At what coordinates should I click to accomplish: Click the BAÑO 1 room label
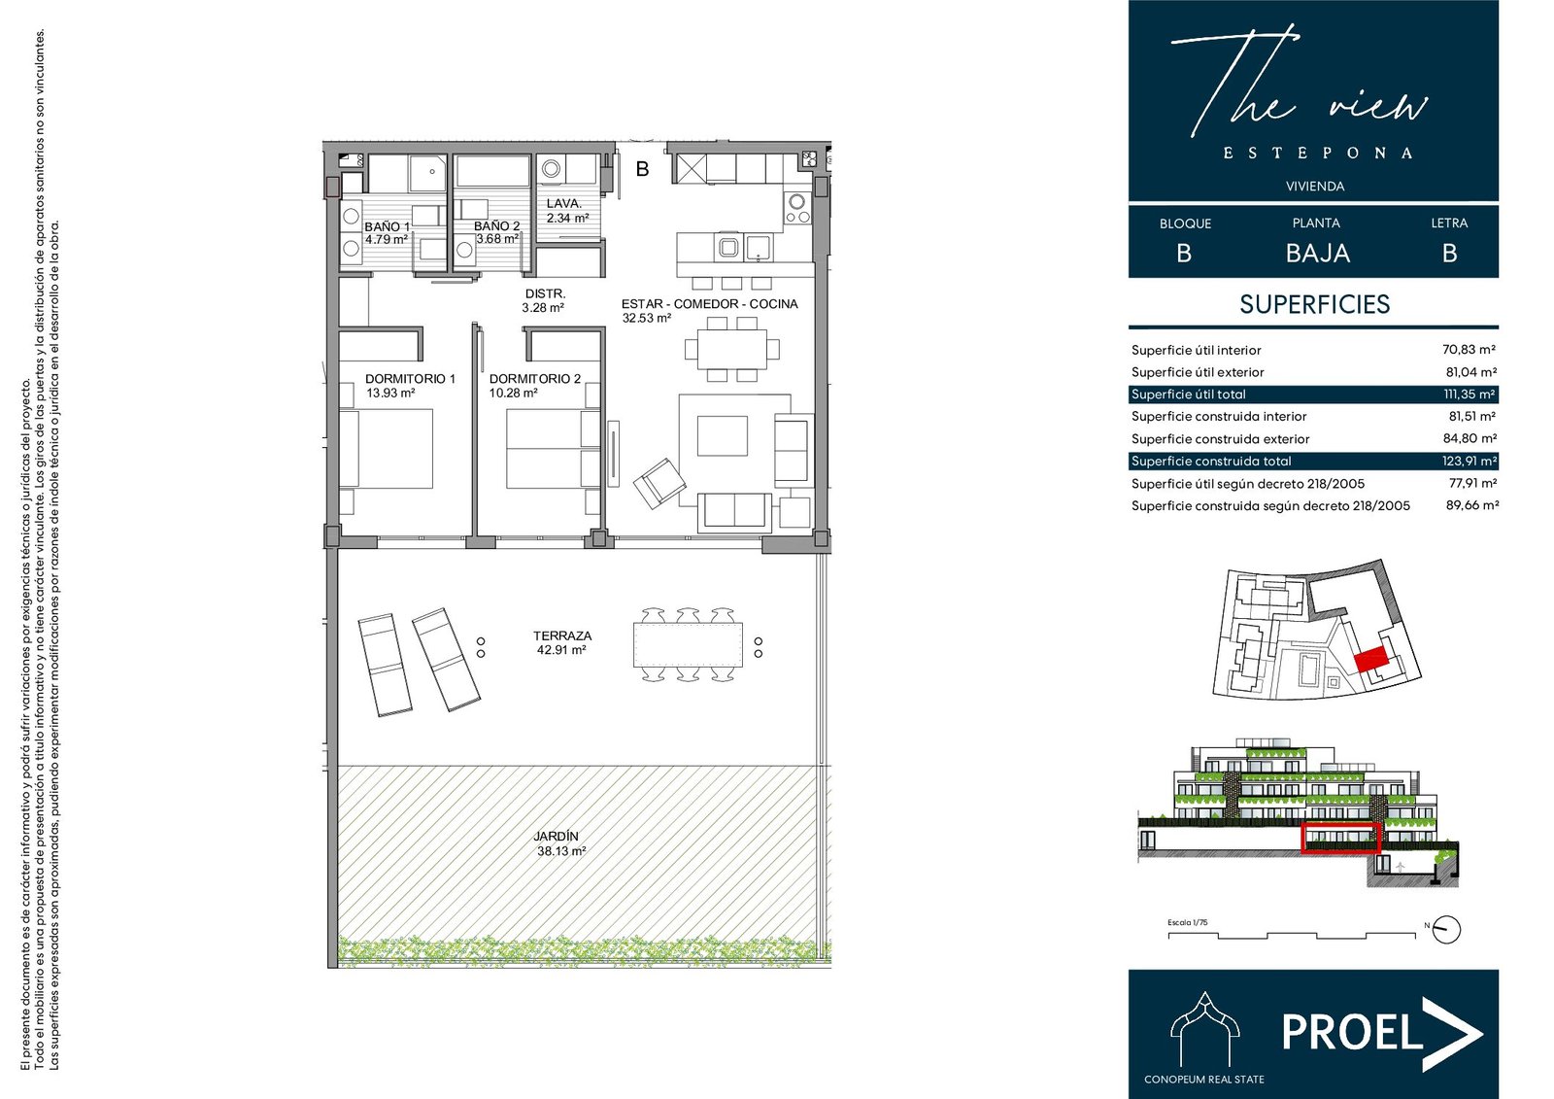click(388, 226)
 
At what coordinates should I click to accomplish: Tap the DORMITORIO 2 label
click(535, 378)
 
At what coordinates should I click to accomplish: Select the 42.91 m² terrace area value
click(561, 650)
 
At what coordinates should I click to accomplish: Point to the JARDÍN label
click(556, 837)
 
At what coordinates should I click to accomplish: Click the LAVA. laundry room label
click(563, 203)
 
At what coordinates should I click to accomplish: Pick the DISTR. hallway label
click(545, 294)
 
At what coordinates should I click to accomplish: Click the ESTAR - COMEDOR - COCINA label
click(709, 304)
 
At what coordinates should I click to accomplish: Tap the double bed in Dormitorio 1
click(386, 449)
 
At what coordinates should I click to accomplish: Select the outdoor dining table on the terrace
click(688, 645)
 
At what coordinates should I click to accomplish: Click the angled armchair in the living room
click(659, 483)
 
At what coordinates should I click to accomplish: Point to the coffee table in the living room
click(723, 435)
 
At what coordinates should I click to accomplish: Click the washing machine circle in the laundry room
click(552, 168)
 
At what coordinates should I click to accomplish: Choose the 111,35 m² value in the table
click(1470, 395)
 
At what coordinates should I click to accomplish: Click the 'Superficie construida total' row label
click(1211, 461)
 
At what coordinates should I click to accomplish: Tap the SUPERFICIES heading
click(1315, 304)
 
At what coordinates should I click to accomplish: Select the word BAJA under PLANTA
click(1317, 254)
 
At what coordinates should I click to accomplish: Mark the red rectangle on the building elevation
click(1341, 838)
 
